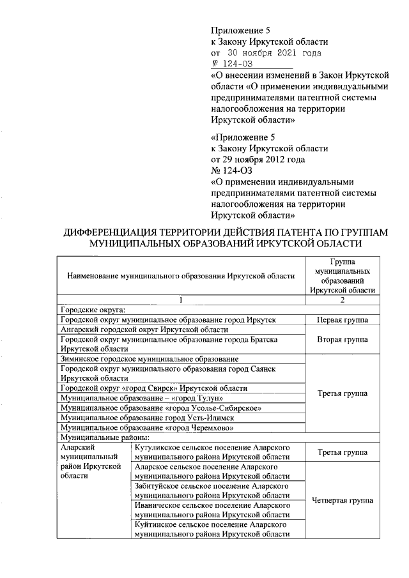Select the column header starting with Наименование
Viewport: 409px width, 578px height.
pos(180,276)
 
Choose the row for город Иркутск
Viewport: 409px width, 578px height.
pos(167,319)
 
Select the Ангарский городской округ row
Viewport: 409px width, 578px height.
pos(144,330)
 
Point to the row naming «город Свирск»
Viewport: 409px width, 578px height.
pos(153,388)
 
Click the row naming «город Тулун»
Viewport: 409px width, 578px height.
pos(128,398)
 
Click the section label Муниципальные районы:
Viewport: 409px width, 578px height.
pos(104,437)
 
